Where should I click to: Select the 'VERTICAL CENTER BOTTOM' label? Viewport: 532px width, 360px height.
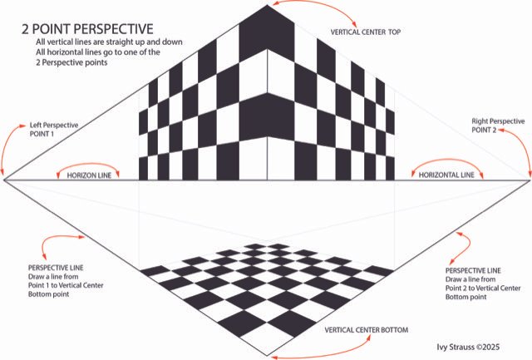click(366, 331)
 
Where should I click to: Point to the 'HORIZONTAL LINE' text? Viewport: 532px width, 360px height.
click(446, 175)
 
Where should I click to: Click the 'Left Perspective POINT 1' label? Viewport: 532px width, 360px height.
click(55, 130)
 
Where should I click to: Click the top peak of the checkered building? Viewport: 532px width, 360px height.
click(268, 5)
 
